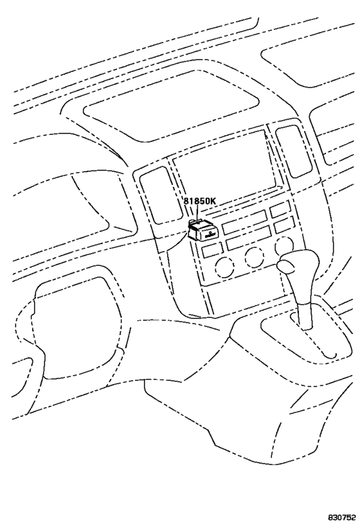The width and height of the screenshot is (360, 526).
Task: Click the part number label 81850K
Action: (x=200, y=201)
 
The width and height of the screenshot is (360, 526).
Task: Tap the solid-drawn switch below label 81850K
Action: (x=203, y=231)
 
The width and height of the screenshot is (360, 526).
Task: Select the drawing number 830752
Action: (x=343, y=516)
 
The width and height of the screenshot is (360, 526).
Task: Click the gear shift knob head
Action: (x=298, y=266)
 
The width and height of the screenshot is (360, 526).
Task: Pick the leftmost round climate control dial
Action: (x=224, y=267)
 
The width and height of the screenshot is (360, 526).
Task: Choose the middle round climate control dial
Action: (x=254, y=258)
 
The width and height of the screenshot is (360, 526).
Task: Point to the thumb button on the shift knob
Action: (x=285, y=267)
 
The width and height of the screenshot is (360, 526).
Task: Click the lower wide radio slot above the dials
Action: (x=249, y=241)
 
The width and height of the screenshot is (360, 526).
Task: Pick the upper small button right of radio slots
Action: (x=280, y=209)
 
